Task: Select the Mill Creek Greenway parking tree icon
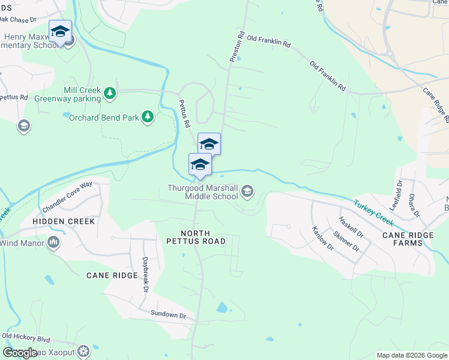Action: [x=109, y=93]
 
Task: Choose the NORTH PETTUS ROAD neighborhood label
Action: [x=196, y=237]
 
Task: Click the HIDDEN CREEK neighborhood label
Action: [x=64, y=221]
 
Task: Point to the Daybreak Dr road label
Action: [x=145, y=275]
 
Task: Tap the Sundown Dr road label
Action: [x=168, y=314]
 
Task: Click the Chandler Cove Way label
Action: [x=67, y=196]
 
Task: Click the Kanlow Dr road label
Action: [x=322, y=239]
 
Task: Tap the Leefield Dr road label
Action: [x=397, y=197]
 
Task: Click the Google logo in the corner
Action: [x=20, y=353]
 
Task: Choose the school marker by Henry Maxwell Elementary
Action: [x=60, y=31]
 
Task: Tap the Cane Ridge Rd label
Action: [x=435, y=104]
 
